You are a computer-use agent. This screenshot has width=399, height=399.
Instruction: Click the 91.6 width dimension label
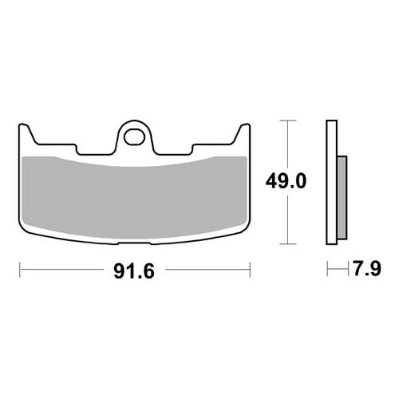click(134, 271)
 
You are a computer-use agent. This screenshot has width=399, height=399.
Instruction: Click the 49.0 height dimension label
click(286, 181)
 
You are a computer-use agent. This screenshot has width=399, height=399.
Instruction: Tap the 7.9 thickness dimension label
click(367, 269)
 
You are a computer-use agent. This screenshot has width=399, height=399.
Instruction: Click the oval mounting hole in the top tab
click(135, 137)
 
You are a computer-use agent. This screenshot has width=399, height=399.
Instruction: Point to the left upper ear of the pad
click(26, 133)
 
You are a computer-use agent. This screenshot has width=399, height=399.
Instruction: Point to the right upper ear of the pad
click(242, 133)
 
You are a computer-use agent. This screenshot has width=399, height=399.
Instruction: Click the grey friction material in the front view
click(135, 198)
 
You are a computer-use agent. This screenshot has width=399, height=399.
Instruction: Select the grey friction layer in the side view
click(342, 197)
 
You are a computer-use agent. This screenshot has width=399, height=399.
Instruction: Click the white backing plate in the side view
click(332, 182)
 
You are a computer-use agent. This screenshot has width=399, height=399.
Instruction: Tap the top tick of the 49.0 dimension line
click(287, 120)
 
